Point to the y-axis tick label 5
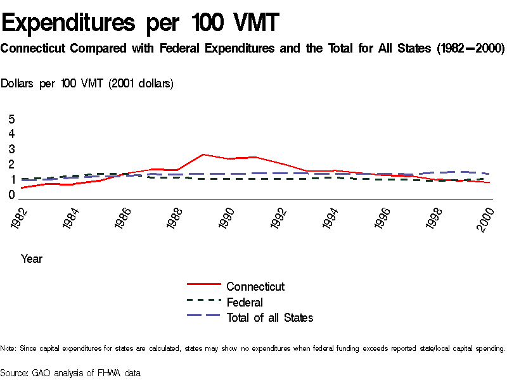coord(11,119)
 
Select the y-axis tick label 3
coord(11,149)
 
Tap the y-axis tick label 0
coord(11,195)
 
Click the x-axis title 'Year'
coord(32,259)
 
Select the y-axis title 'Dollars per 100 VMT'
coord(87,84)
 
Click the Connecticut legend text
coord(255,287)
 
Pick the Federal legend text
coord(245,302)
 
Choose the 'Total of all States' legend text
coord(270,318)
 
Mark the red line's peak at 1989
coord(203,155)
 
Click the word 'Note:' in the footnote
coord(8,348)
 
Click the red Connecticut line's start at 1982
coord(22,187)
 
